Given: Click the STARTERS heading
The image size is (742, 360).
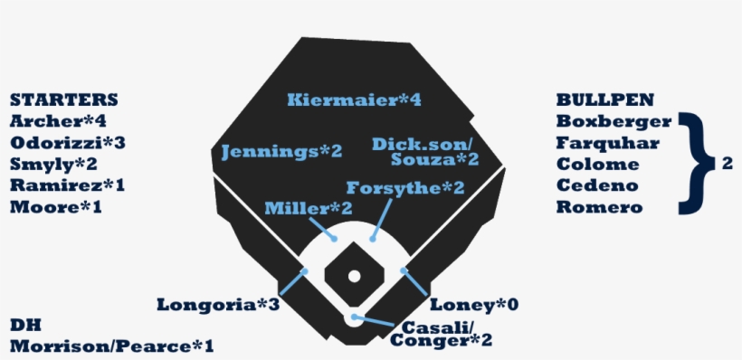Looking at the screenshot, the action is [x=63, y=99].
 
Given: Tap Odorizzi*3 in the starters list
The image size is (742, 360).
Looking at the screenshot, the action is [x=67, y=143].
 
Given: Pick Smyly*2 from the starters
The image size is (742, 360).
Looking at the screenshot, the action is [x=53, y=165].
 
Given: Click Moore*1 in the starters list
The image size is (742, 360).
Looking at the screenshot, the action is [x=56, y=208].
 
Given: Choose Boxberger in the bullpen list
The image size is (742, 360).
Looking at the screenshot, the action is [x=614, y=121].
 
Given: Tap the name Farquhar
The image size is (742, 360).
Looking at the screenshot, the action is [x=608, y=143].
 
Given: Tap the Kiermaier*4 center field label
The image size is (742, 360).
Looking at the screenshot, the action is [x=354, y=99].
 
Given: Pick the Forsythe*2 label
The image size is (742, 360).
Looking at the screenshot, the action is [x=405, y=188].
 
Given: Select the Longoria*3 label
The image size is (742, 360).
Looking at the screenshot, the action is [x=217, y=305].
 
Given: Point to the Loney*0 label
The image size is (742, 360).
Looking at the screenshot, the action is [x=474, y=305].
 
